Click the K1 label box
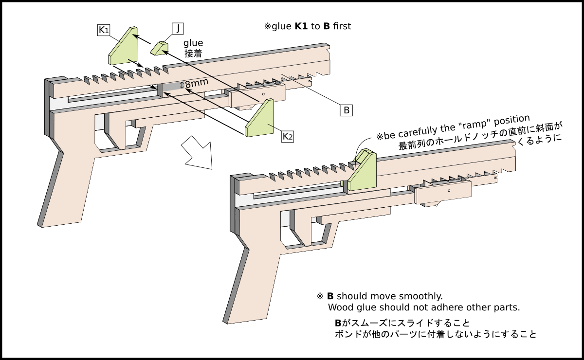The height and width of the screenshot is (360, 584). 104,30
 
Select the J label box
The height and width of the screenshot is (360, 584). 178,29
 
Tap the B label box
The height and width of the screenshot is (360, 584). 346,110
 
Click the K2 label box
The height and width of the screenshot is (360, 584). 288,136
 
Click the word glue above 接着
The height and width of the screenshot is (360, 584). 193,43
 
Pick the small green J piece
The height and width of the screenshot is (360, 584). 159,48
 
